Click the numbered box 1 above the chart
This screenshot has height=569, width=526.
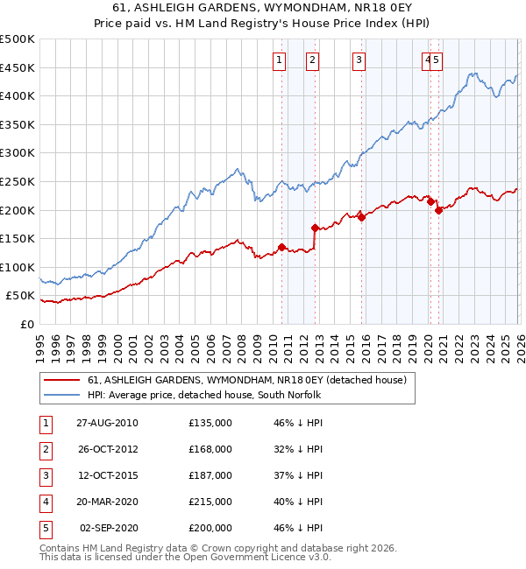pos(279,60)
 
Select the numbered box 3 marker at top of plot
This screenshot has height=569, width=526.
pos(359,60)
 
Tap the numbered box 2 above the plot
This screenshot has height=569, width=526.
pos(312,60)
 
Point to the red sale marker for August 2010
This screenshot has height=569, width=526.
pos(281,247)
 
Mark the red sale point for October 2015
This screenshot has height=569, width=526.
pos(361,217)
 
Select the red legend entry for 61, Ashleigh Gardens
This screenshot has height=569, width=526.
pos(246,381)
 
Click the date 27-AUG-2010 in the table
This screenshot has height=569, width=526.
pos(107,423)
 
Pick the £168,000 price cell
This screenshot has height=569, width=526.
pos(210,449)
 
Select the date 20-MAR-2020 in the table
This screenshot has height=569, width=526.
pos(107,502)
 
